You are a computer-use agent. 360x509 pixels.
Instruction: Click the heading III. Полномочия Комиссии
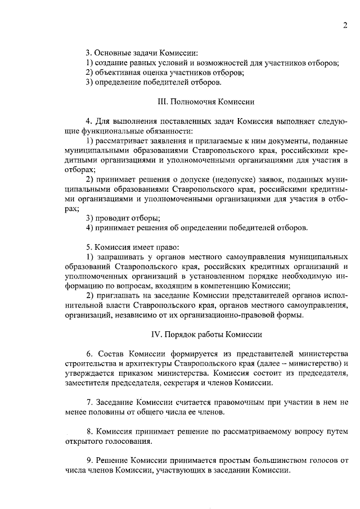pyautogui.click(x=206, y=102)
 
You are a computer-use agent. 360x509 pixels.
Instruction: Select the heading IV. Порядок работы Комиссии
pyautogui.click(x=207, y=334)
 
